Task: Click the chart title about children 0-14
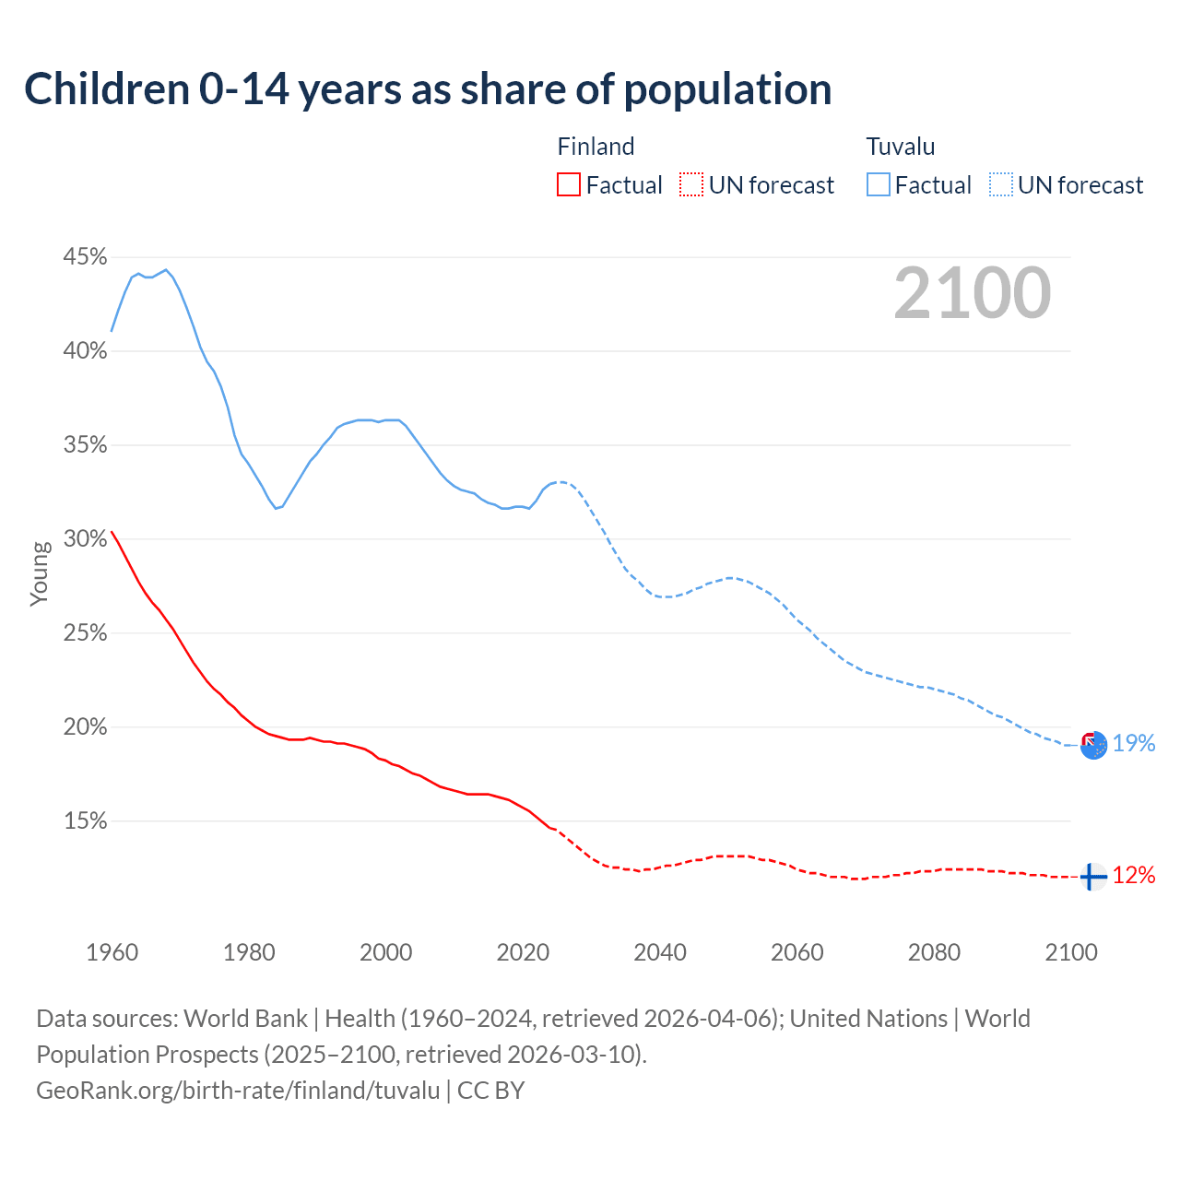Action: point(428,89)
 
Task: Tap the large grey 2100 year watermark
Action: point(973,293)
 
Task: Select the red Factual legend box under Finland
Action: point(569,185)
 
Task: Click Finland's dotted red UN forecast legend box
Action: point(691,185)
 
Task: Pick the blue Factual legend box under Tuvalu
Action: point(879,185)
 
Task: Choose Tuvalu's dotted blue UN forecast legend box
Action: point(1001,185)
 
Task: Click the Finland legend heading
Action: point(596,147)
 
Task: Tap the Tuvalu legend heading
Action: point(901,147)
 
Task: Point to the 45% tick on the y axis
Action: point(85,257)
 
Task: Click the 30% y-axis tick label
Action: point(85,539)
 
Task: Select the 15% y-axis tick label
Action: point(85,820)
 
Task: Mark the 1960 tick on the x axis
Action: point(112,952)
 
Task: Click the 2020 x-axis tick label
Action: point(523,952)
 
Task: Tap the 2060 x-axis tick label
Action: point(796,952)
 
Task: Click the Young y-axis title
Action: point(39,573)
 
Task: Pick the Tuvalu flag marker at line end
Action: point(1093,745)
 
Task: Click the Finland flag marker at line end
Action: point(1092,877)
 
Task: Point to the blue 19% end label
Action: point(1134,743)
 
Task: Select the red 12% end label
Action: point(1134,875)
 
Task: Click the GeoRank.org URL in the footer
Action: point(238,1091)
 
